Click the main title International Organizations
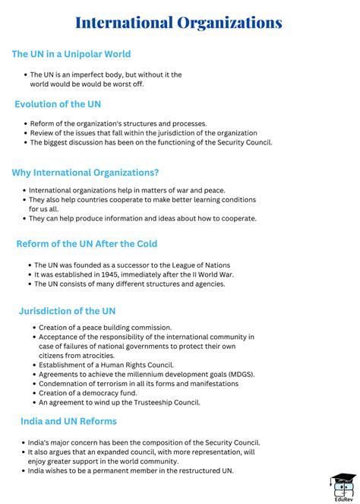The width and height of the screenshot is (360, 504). pos(178,23)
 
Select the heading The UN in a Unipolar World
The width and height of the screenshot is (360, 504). pos(71,54)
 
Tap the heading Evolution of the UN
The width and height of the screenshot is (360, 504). pos(58,104)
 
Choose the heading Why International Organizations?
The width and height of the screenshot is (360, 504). pos(85,173)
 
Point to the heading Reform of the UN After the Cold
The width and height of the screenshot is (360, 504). pos(87,244)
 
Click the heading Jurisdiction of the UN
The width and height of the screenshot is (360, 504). pos(67,311)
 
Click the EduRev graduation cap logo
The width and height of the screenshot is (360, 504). pos(343,484)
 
